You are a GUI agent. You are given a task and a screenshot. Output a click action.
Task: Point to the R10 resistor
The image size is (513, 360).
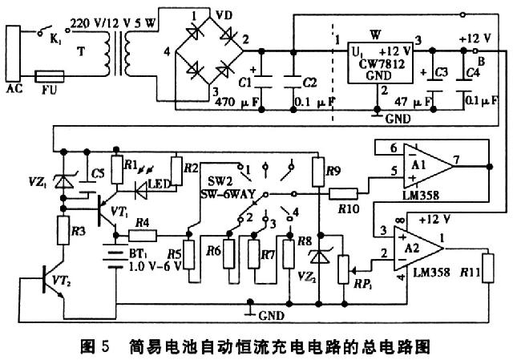(345, 193)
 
